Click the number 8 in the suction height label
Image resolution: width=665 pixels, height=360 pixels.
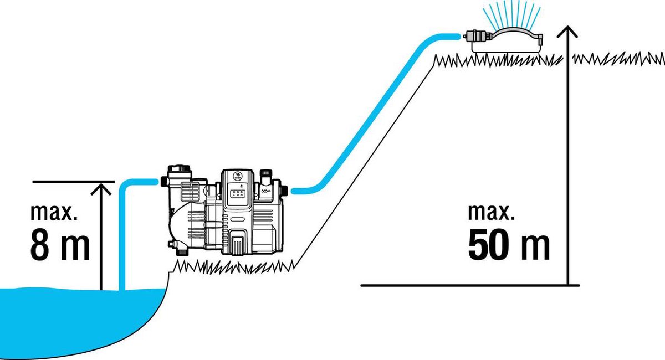[39, 246]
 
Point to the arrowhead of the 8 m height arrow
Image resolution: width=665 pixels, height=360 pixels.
[101, 189]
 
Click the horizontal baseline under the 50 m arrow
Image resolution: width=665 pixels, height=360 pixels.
[470, 285]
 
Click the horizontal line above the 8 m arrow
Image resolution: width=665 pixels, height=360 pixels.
[73, 182]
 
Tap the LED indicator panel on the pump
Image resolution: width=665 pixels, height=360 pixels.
[238, 194]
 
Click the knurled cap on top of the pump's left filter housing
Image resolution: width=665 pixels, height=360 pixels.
[178, 168]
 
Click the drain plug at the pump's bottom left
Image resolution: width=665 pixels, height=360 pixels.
[182, 252]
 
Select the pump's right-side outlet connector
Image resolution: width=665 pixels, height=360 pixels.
[284, 190]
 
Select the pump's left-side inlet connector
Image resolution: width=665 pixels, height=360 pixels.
[164, 181]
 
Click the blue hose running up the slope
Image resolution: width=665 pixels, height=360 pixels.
[376, 114]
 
